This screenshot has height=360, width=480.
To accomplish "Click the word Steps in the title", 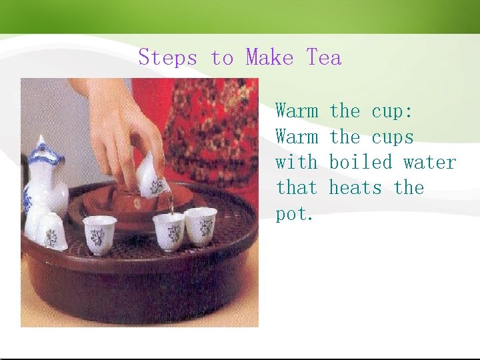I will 167,58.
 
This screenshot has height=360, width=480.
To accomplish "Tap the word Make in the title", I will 269,57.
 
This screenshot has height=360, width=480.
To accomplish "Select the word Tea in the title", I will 324,57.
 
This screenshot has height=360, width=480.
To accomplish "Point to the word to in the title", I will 221,58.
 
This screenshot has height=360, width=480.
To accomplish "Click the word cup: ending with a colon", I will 392,111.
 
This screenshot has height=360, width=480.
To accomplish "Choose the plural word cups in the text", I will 392,137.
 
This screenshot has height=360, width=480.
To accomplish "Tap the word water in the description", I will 429,162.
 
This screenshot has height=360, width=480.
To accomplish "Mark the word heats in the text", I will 356,187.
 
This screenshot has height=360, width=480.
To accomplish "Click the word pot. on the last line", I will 294,214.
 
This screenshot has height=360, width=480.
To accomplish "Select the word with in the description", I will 297,162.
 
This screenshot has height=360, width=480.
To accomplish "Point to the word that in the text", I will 297,187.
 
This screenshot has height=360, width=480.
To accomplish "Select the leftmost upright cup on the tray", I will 100,233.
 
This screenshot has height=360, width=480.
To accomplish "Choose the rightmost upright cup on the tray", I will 201,225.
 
